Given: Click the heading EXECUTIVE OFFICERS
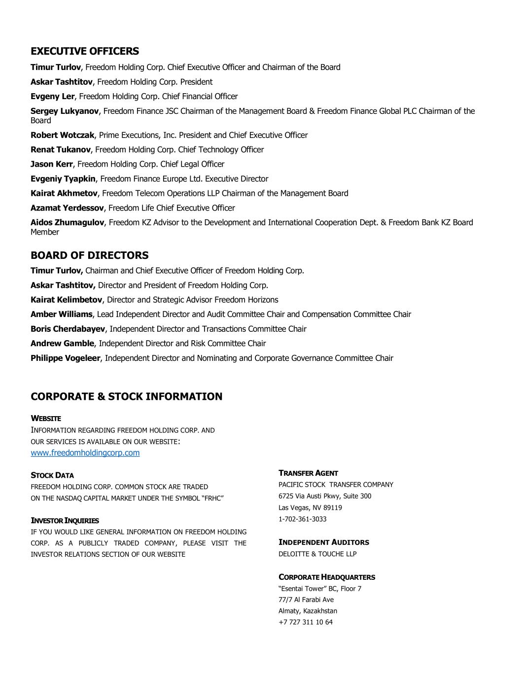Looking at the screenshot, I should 85,51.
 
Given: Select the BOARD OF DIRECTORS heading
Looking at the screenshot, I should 89,255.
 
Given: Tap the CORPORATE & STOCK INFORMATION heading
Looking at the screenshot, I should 126,397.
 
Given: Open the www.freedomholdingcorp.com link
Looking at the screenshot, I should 85,453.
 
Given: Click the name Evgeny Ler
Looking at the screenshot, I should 52,97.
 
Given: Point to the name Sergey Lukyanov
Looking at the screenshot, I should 65,111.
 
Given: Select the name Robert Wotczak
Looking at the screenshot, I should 62,135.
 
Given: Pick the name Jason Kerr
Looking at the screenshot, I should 52,164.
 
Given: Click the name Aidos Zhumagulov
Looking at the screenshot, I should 67,223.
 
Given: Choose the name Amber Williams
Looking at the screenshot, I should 61,315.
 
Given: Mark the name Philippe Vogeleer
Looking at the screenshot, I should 65,358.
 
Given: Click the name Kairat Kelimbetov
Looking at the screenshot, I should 66,300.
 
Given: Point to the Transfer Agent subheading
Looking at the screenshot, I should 309,473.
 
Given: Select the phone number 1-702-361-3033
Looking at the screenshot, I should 303,519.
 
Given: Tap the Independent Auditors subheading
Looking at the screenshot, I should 324,542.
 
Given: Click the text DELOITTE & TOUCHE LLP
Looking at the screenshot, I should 317,554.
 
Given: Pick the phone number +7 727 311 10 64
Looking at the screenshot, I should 306,622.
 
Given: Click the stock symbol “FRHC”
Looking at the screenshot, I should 213,498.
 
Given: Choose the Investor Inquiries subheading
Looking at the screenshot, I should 65,521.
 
